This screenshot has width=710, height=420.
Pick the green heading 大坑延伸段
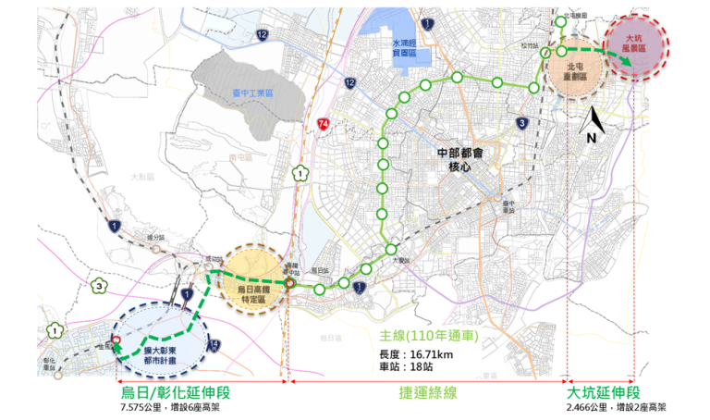click(x=600, y=393)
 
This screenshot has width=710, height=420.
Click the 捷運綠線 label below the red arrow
click(x=426, y=393)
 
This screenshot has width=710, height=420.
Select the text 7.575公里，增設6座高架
click(x=176, y=408)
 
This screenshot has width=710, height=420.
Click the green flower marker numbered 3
click(x=99, y=285)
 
